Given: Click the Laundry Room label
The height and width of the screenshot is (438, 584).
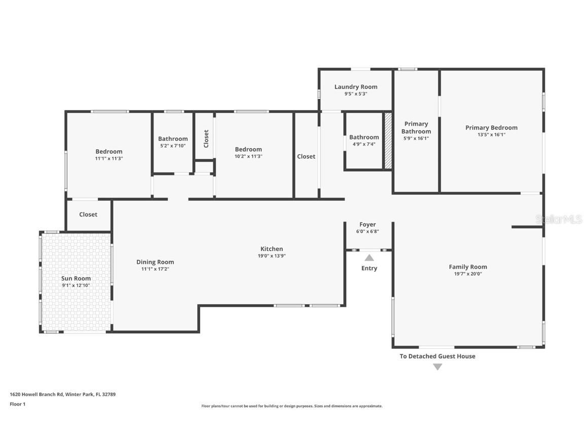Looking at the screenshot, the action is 356,87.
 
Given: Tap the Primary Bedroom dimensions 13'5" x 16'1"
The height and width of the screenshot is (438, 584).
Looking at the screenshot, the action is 491,135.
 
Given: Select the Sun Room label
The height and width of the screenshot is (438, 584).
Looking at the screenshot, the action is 76,278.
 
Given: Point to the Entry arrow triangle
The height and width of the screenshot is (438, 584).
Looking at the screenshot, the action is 369,258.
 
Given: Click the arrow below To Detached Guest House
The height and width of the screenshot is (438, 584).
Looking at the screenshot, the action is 437,367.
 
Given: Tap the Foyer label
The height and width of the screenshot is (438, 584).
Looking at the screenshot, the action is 367,225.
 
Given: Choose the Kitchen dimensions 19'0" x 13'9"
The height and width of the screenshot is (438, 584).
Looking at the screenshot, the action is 272,256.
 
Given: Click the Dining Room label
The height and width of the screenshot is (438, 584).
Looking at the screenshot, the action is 155,262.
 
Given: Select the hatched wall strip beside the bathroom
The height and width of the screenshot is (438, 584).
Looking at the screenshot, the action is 388,141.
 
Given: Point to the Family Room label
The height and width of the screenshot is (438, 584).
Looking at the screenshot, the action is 468,267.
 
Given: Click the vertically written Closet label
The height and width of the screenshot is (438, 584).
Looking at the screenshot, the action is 206,139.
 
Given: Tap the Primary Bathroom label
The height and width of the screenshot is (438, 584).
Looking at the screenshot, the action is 416,127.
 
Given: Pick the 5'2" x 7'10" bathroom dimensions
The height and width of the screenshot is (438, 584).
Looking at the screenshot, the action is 173,146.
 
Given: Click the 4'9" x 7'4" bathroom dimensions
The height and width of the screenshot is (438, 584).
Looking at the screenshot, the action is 364,144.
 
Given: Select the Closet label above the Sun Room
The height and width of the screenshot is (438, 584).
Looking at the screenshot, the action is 88,214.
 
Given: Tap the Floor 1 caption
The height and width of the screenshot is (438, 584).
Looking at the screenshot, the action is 18,404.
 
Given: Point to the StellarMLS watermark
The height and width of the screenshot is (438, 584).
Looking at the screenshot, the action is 559,220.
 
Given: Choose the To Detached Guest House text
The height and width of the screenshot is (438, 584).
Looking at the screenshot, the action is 437,356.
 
